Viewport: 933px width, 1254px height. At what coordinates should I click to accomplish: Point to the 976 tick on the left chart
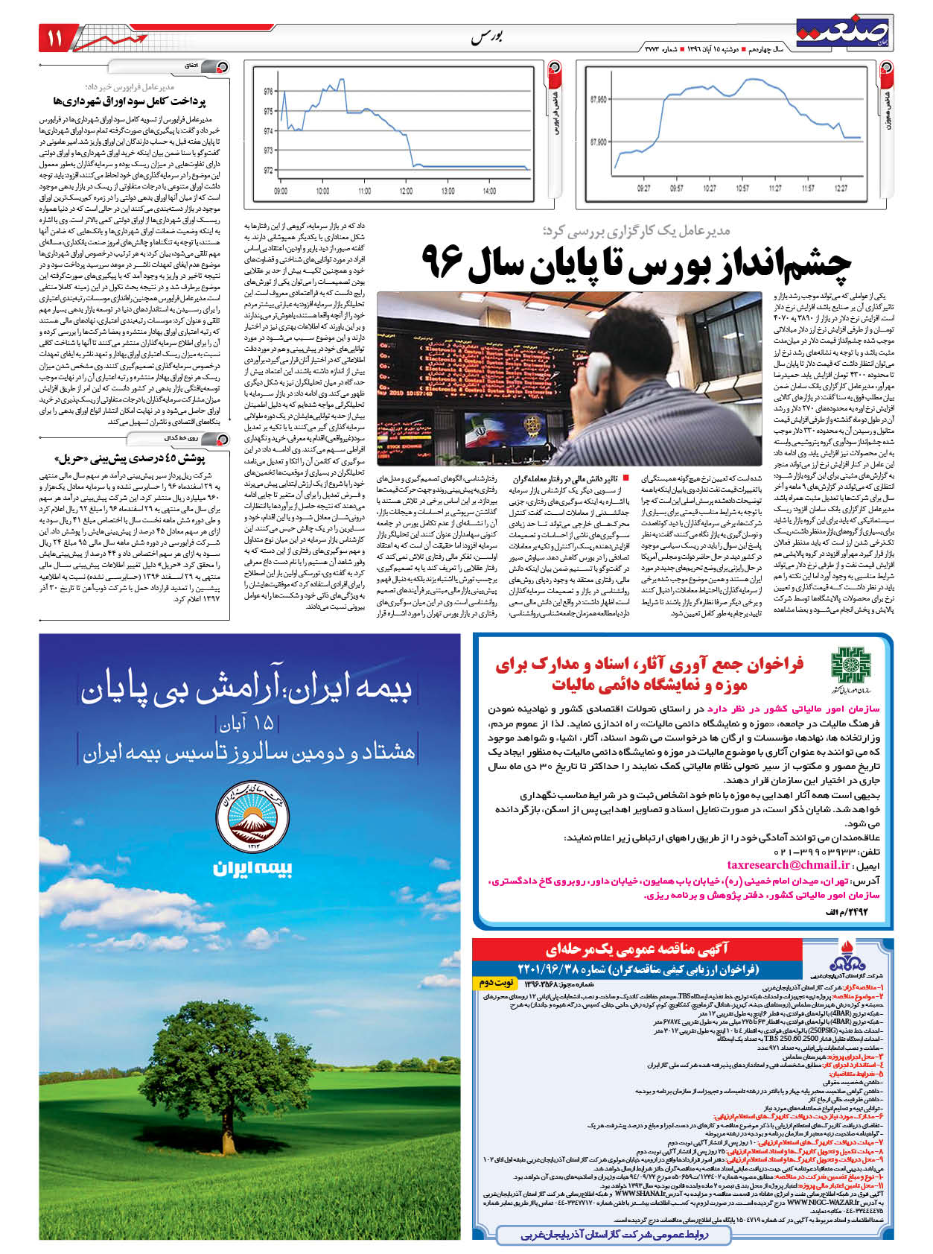[268, 92]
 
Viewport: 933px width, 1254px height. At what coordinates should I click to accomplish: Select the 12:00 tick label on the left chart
[406, 191]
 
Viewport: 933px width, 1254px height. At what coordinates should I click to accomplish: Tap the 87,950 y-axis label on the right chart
[598, 98]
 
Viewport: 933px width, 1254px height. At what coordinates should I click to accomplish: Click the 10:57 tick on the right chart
[742, 189]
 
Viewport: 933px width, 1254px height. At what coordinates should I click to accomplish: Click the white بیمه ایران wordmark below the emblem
[252, 869]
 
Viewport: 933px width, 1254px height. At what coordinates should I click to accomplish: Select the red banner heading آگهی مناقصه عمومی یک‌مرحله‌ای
[637, 949]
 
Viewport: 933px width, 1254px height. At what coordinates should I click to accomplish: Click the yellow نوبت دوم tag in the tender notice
[494, 984]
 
